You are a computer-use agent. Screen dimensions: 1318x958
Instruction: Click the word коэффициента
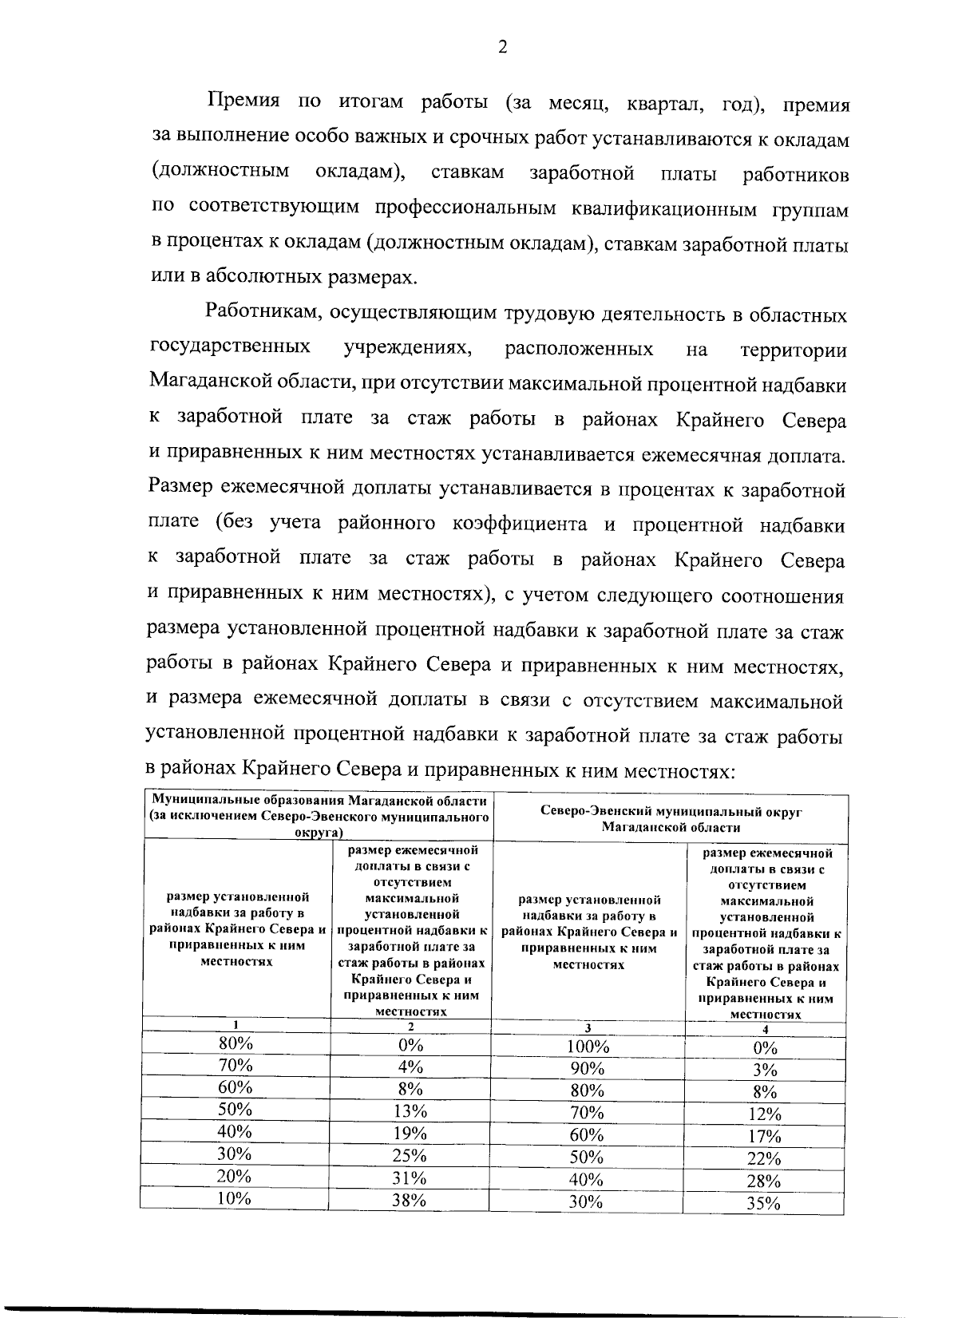pos(521,524)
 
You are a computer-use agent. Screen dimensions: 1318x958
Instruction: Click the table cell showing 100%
pos(588,1047)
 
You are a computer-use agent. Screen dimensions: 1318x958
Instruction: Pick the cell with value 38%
pos(410,1200)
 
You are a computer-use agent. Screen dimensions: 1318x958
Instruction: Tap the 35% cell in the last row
pos(763,1205)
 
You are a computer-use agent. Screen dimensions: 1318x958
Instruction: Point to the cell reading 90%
pos(587,1069)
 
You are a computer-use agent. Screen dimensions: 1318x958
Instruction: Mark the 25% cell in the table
pos(410,1155)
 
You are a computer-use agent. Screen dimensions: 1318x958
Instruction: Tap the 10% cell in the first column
pos(236,1197)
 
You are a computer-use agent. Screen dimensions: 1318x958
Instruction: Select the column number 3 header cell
pos(588,1028)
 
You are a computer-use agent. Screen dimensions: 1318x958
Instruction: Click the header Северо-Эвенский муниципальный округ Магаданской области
pos(671,819)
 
